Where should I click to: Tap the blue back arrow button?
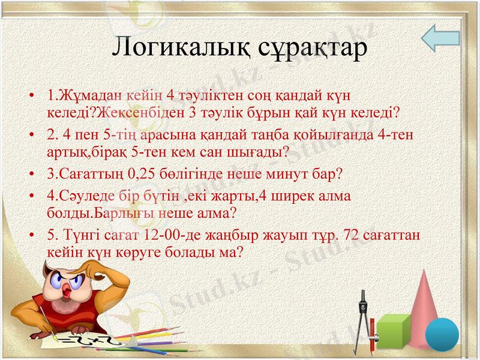(440, 39)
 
